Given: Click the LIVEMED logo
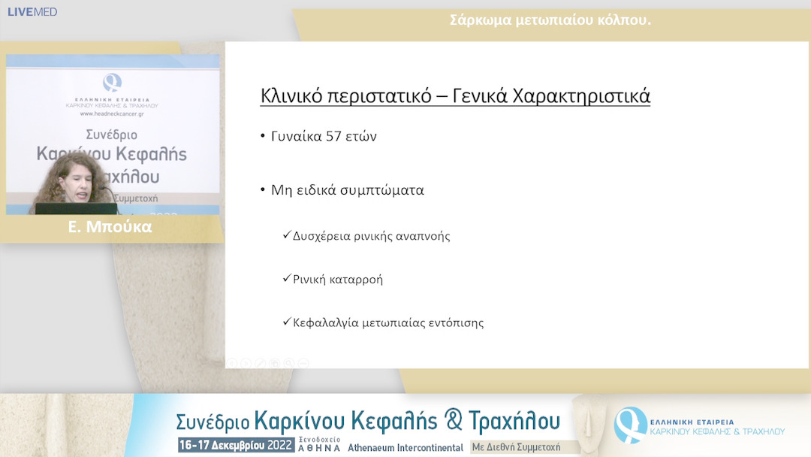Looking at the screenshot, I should pyautogui.click(x=32, y=12).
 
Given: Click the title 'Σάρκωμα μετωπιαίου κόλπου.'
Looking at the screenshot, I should pyautogui.click(x=550, y=20).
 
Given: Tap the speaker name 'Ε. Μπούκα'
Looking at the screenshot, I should pyautogui.click(x=110, y=227).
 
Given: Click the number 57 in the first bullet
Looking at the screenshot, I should pyautogui.click(x=334, y=136).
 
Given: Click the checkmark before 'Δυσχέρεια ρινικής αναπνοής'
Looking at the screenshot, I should pyautogui.click(x=286, y=235).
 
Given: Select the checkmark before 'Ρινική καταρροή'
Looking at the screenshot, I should pyautogui.click(x=286, y=279).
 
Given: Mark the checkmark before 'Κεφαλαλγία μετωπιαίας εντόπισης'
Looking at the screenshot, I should pyautogui.click(x=286, y=322).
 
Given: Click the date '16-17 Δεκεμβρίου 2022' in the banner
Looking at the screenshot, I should pyautogui.click(x=236, y=445).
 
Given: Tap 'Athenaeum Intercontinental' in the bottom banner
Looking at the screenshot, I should pyautogui.click(x=405, y=447).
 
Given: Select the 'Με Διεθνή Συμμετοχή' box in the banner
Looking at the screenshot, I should pyautogui.click(x=516, y=446).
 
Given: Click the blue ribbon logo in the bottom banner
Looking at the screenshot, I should pyautogui.click(x=629, y=424).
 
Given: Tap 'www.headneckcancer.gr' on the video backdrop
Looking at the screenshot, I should pyautogui.click(x=113, y=113).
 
